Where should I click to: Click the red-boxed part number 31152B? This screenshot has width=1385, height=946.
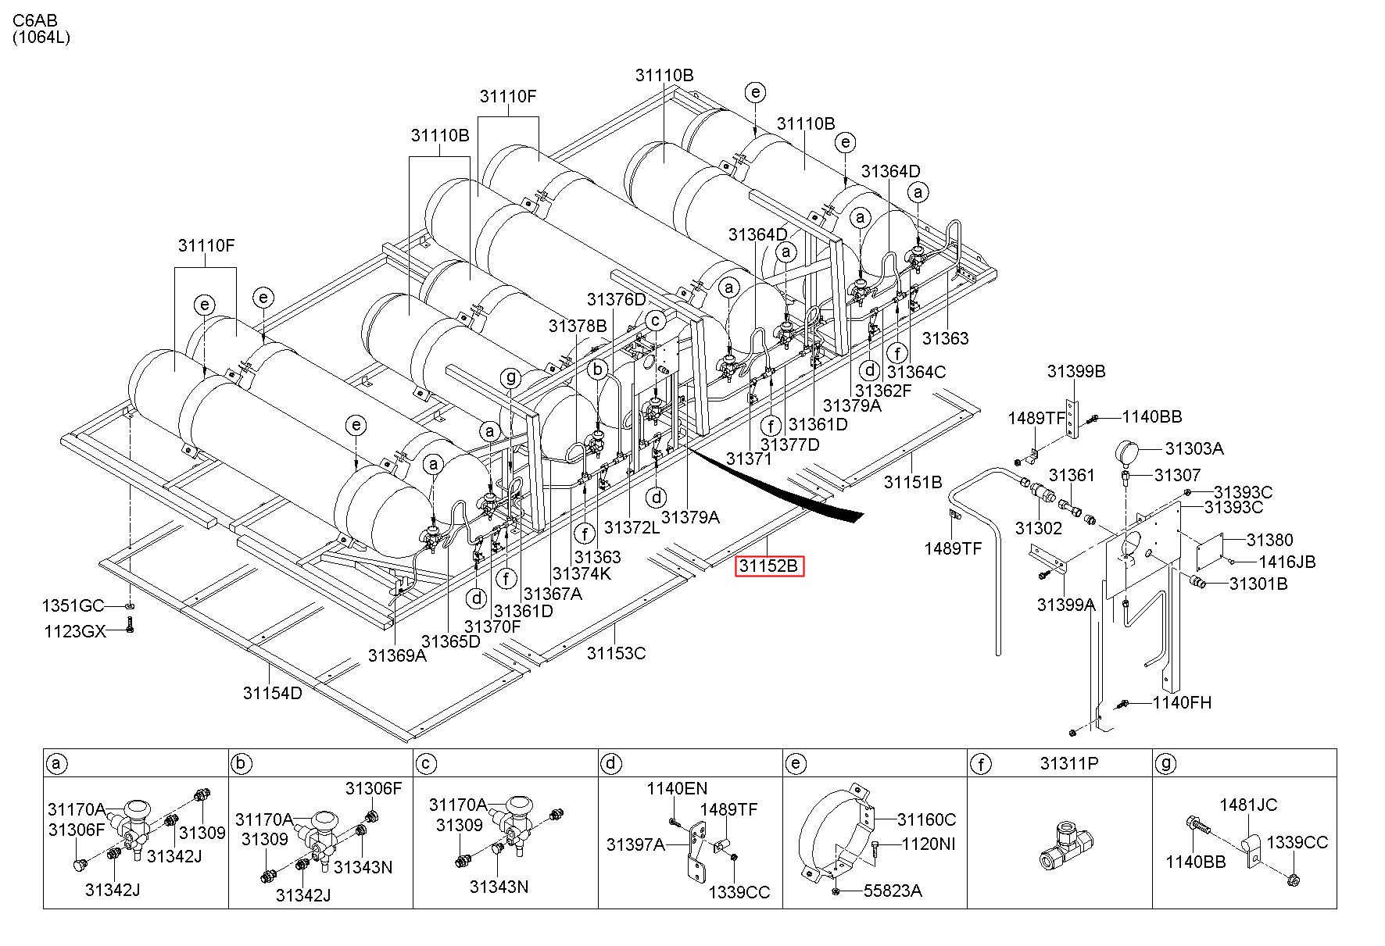769,566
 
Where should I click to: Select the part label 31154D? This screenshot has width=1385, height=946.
272,693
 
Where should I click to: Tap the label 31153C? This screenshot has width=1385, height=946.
617,653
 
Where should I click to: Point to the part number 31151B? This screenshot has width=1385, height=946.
913,482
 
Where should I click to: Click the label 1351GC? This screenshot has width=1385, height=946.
72,606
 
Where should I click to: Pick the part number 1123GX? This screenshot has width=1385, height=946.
74,631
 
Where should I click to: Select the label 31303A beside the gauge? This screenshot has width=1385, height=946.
1194,448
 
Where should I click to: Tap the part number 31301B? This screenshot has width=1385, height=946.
1258,584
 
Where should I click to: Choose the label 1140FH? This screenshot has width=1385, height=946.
1182,702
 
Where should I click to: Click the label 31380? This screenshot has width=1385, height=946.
1269,540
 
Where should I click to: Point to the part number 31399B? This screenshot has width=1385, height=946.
1076,371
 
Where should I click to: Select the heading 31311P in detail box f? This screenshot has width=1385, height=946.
1069,762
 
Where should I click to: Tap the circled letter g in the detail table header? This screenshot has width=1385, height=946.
1166,763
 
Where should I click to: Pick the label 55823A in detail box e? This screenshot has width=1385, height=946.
892,891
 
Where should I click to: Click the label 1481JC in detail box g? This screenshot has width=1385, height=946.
1249,805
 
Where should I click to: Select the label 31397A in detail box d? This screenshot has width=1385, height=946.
636,844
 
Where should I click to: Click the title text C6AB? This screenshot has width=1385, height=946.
34,20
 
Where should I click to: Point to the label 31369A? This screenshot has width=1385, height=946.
397,655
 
